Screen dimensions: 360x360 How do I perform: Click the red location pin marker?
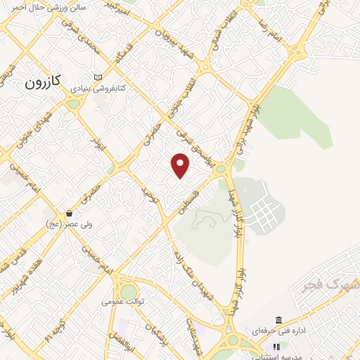pyautogui.click(x=181, y=166)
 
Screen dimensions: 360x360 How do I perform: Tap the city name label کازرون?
pyautogui.click(x=44, y=82)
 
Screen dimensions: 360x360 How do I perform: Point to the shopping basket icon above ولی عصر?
pyautogui.click(x=69, y=212)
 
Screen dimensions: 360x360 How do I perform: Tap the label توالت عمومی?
pyautogui.click(x=122, y=302)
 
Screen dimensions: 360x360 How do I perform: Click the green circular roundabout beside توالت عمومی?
pyautogui.click(x=129, y=290)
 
